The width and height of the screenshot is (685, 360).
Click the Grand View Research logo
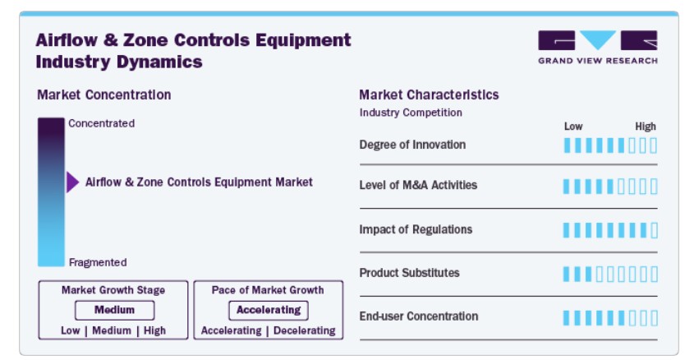[x=598, y=47]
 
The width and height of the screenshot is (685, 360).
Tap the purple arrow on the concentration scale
[x=72, y=182]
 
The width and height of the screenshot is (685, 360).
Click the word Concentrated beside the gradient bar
[x=101, y=123]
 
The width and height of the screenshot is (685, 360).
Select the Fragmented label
[x=98, y=262]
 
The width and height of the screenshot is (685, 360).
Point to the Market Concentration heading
[x=104, y=95]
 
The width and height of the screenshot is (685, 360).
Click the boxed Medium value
[x=114, y=310]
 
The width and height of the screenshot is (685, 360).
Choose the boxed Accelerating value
[x=269, y=310]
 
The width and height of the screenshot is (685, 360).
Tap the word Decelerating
[x=305, y=330]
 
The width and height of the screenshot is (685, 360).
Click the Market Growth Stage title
[x=113, y=290]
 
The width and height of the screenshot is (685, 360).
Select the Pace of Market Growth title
[x=268, y=290]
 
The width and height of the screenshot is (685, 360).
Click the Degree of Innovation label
[x=412, y=145]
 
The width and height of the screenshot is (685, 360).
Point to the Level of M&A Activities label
[x=418, y=186]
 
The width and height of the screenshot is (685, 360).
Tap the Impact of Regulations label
[x=416, y=229]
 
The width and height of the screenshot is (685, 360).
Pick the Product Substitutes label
[x=409, y=273]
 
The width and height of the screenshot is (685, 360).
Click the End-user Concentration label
[x=419, y=316]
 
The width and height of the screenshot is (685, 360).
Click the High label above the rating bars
[x=646, y=127]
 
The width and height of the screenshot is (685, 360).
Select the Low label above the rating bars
[x=573, y=127]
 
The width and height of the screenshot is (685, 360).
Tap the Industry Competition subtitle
[x=411, y=113]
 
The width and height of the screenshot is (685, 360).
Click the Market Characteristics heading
[x=429, y=95]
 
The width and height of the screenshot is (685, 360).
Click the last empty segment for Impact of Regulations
[x=654, y=230]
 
